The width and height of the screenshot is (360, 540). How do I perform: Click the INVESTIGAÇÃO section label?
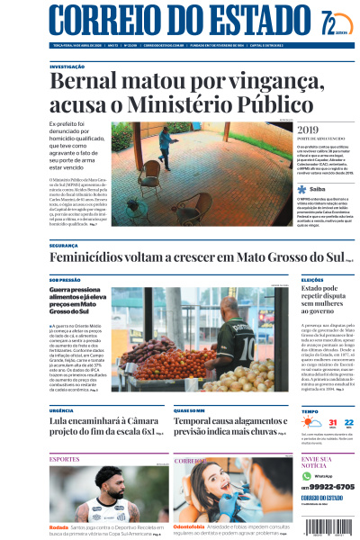click(x=67, y=67)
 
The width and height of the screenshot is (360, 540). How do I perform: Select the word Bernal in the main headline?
click(x=86, y=84)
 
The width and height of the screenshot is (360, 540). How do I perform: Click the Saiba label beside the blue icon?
click(x=317, y=190)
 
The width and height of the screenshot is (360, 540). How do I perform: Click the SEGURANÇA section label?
click(x=63, y=245)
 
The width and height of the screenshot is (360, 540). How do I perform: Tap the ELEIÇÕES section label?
click(x=311, y=280)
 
